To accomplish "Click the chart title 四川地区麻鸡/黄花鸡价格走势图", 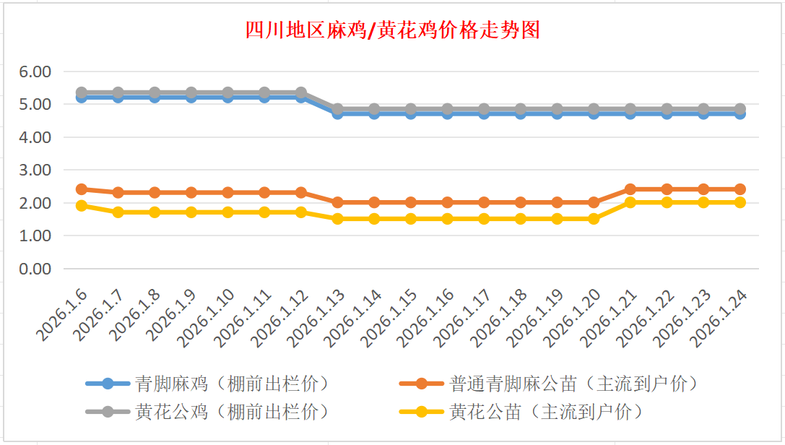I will [392, 30].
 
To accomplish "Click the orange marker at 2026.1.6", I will [82, 189].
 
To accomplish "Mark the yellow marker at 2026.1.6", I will [82, 206].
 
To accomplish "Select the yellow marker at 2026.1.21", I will [630, 202].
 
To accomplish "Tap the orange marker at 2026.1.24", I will [740, 189].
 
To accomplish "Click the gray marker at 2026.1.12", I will [301, 92].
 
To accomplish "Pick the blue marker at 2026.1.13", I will [338, 113].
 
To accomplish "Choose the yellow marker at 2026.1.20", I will [594, 219].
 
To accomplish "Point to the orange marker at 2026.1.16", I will [448, 202].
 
